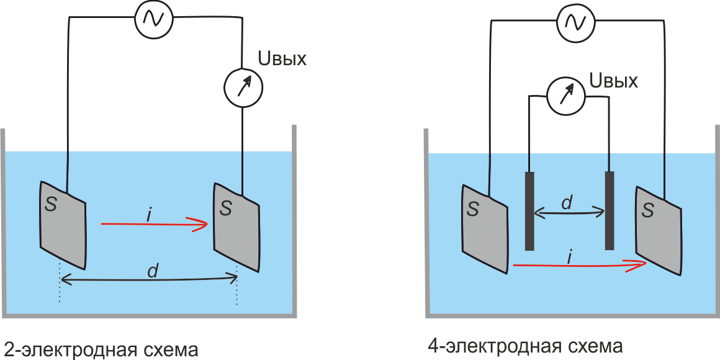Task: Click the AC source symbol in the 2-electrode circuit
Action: tap(154, 19)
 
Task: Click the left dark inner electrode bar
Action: tap(529, 210)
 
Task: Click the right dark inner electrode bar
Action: tap(610, 210)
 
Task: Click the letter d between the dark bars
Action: tap(566, 202)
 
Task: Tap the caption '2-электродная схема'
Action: tap(101, 349)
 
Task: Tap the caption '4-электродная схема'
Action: tap(525, 345)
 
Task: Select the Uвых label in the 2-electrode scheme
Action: tap(282, 60)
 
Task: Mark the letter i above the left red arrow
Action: tap(150, 214)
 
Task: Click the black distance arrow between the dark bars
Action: tap(569, 213)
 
